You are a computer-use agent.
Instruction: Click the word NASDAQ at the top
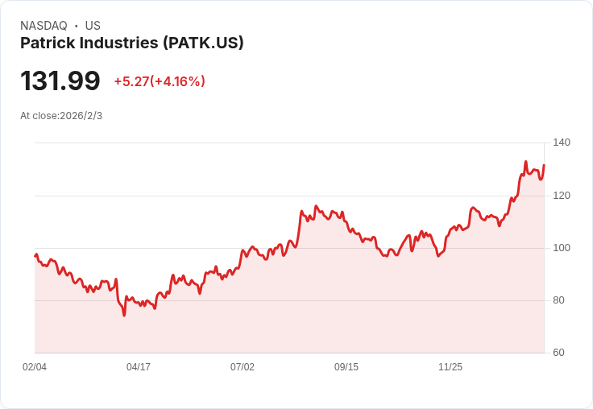click(x=44, y=25)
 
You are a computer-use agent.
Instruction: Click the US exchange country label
click(x=93, y=25)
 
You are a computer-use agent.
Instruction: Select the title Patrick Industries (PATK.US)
click(x=132, y=43)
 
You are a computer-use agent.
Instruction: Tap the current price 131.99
click(x=60, y=81)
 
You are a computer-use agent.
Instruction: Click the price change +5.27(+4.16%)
click(x=160, y=81)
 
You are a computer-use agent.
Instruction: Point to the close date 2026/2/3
click(x=81, y=116)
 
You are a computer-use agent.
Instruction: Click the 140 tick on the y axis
click(x=562, y=143)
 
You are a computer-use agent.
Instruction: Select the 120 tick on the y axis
click(x=562, y=196)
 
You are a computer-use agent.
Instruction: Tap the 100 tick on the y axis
click(x=562, y=248)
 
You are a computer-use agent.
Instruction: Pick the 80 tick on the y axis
click(x=562, y=300)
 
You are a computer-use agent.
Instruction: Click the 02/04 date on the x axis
click(x=35, y=367)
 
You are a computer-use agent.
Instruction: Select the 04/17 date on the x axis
click(x=139, y=367)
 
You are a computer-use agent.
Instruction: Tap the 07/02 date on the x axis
click(x=243, y=367)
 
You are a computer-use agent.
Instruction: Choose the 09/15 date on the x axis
click(x=346, y=367)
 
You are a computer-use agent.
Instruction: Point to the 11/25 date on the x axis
click(x=450, y=367)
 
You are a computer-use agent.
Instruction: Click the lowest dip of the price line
click(x=124, y=315)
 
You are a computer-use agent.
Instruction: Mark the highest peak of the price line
click(x=525, y=162)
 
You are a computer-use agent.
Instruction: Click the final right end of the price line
click(x=544, y=165)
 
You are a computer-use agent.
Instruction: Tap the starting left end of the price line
click(x=35, y=256)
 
